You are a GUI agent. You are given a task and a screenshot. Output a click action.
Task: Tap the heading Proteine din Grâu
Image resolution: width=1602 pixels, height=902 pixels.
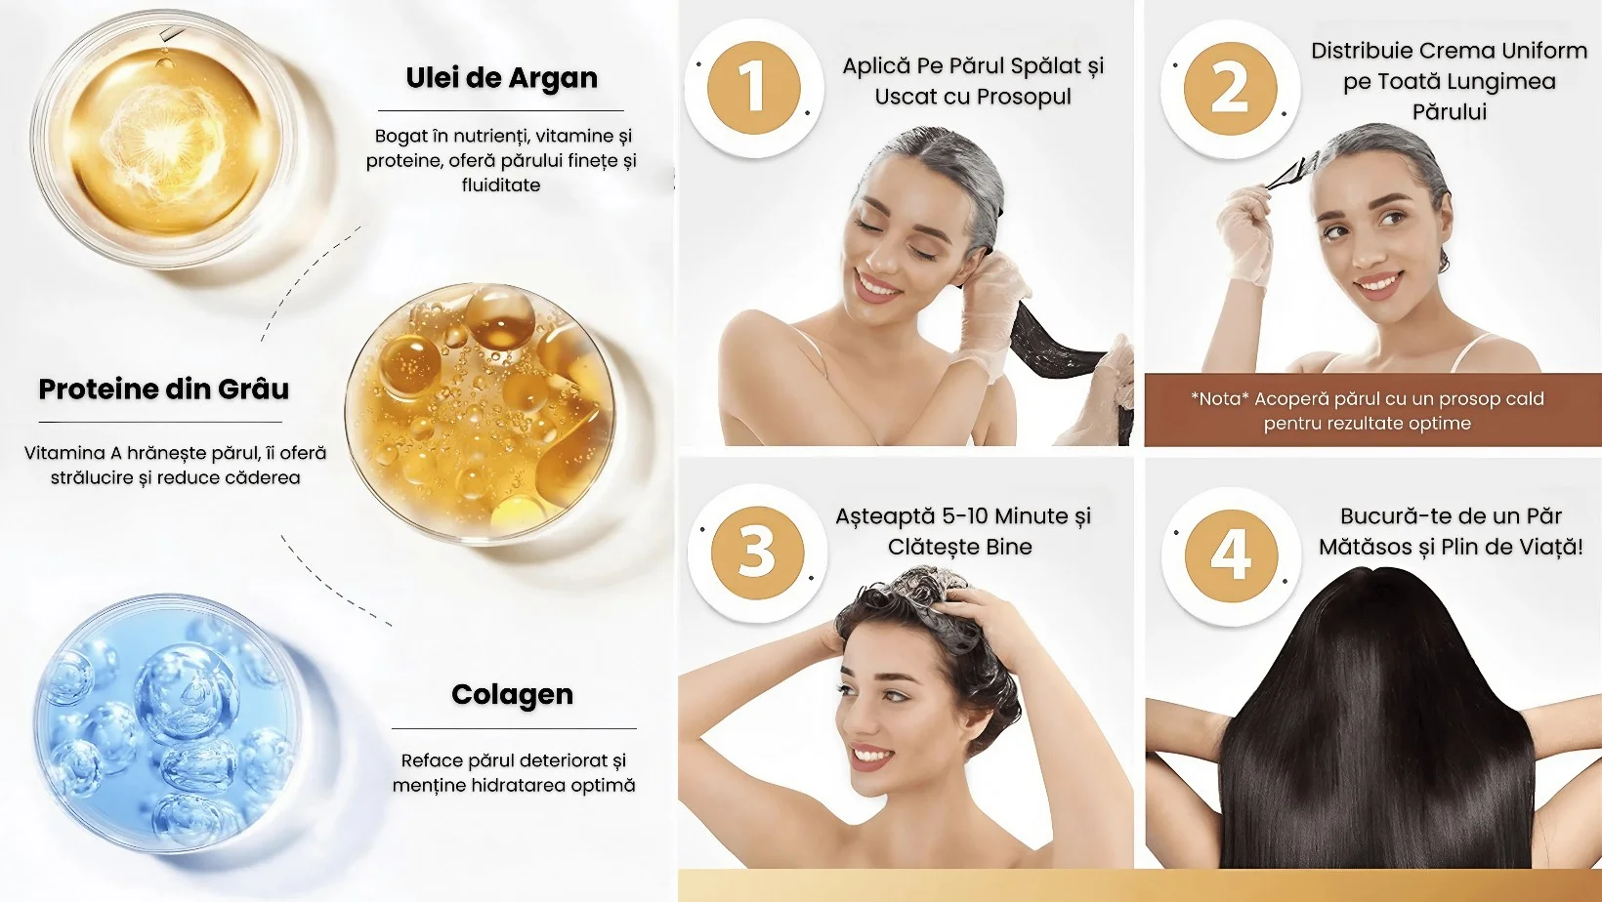[164, 389]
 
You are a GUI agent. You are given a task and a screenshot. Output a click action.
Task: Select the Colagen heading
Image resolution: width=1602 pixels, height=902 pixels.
[512, 695]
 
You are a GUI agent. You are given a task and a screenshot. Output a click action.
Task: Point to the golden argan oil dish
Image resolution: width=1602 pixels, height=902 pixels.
[164, 140]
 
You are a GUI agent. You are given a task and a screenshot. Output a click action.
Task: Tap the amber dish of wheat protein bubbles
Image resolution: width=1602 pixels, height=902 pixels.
[481, 412]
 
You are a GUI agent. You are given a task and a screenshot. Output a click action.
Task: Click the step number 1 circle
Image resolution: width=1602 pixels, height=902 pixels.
[754, 88]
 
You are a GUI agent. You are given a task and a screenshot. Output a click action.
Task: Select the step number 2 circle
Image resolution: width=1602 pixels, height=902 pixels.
[1230, 89]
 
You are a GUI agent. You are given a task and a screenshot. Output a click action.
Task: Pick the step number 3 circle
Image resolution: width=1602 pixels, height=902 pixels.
[757, 553]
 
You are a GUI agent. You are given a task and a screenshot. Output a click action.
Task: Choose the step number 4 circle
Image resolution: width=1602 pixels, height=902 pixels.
[1231, 556]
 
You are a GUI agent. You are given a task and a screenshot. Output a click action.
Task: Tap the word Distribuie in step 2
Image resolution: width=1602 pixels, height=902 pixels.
[1361, 51]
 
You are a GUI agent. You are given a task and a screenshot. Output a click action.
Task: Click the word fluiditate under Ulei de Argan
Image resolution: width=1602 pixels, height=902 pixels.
[500, 185]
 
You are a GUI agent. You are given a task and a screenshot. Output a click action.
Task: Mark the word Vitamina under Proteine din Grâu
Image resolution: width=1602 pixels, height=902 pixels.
[64, 453]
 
